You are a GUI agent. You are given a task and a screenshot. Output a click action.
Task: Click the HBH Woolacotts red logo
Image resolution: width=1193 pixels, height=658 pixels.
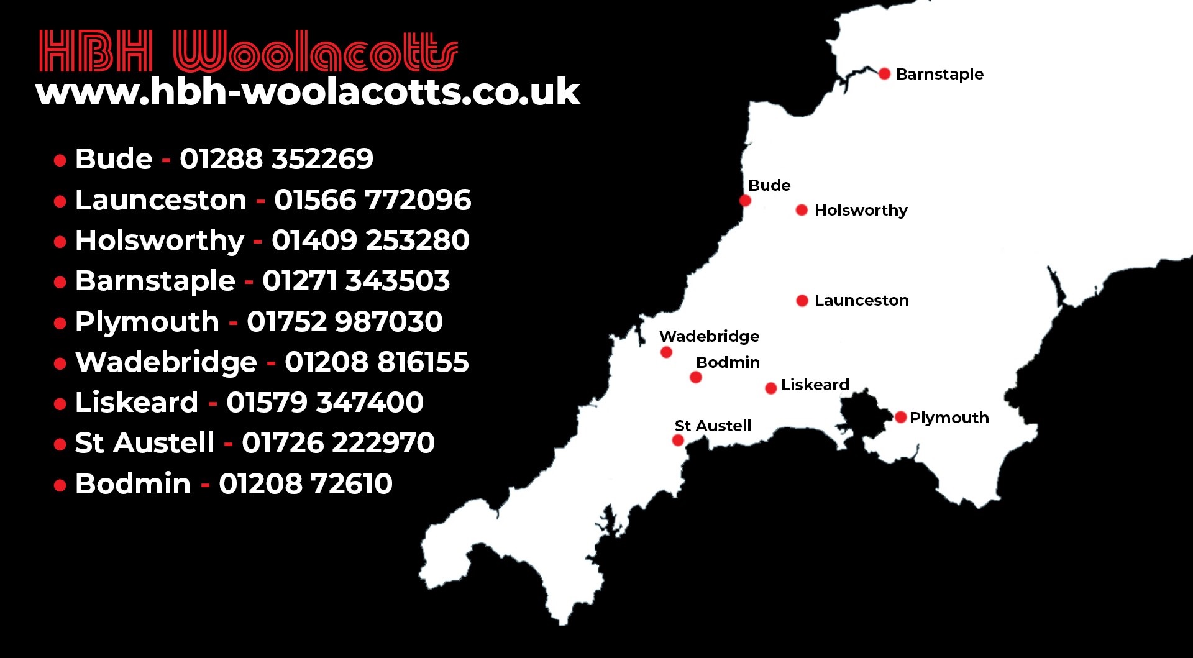249,51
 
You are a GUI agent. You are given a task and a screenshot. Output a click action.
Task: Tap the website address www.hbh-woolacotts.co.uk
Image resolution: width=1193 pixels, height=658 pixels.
308,92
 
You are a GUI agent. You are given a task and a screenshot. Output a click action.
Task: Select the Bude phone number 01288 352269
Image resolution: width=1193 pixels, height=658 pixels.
277,159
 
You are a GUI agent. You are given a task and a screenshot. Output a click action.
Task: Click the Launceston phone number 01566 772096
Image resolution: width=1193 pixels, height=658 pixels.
372,200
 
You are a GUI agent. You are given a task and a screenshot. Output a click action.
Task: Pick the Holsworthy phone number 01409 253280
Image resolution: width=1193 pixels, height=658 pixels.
370,240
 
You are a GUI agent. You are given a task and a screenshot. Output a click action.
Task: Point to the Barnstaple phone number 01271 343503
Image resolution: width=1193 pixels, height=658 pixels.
355,281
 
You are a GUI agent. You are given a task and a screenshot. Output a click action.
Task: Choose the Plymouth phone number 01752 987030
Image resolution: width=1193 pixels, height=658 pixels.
344,322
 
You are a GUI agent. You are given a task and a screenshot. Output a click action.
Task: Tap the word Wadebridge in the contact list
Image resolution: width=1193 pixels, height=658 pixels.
166,362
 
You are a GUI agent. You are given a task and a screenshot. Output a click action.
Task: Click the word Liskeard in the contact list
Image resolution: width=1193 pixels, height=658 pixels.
137,403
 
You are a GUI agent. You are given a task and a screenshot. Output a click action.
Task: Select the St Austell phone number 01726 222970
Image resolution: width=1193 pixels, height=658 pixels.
338,443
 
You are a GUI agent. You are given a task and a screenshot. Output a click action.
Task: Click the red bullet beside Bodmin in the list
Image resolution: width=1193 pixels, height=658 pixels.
60,485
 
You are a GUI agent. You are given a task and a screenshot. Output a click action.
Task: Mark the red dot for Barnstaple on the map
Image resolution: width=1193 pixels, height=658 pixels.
884,74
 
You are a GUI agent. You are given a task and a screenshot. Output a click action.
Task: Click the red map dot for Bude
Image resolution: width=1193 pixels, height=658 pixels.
745,200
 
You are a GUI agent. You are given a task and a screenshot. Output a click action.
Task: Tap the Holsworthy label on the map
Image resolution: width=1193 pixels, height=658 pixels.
861,210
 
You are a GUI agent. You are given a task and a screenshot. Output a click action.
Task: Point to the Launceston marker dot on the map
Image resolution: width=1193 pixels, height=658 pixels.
802,301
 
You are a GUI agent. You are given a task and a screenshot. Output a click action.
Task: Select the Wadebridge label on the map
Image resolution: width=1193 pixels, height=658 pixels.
709,336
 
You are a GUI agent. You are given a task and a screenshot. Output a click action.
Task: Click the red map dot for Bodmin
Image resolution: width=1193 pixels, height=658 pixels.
696,377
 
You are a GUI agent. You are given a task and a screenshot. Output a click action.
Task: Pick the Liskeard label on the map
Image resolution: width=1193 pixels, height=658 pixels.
815,385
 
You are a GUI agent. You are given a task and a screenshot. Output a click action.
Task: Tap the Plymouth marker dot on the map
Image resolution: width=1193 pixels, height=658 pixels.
901,417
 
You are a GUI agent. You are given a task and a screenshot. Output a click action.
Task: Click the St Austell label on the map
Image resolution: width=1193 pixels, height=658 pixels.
713,426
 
